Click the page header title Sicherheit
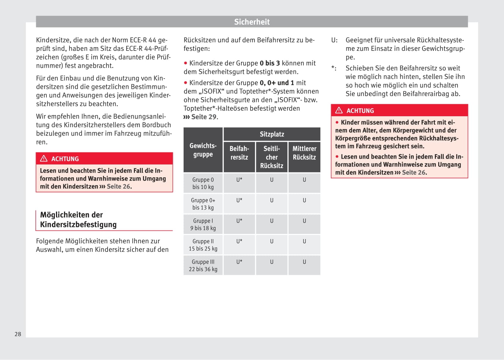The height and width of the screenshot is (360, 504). click(252, 22)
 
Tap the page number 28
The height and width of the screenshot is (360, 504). click(18, 334)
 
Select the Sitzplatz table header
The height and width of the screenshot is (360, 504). click(272, 134)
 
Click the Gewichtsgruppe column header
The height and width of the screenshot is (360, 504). click(203, 150)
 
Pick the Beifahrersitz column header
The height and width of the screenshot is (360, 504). click(239, 153)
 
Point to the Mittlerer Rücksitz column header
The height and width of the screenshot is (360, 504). click(304, 153)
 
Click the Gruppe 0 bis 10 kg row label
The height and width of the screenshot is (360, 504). click(203, 183)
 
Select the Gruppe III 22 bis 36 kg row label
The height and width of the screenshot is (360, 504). click(203, 265)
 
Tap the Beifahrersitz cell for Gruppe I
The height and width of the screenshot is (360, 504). click(239, 221)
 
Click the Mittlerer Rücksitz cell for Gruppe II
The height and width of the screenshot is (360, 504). click(304, 241)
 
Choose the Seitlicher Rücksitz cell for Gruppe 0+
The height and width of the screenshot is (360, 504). click(272, 200)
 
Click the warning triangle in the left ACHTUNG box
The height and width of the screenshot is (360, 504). click(44, 159)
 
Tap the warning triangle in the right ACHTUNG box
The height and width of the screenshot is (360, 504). click(339, 110)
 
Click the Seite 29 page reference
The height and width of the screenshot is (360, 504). click(204, 117)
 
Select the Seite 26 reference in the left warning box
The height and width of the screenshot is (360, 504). click(119, 186)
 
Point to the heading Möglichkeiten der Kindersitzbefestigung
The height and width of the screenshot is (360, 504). click(78, 220)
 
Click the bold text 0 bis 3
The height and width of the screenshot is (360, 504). click(270, 63)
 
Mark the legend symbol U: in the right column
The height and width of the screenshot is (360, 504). click(334, 40)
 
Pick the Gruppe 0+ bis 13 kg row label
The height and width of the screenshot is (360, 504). click(203, 204)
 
